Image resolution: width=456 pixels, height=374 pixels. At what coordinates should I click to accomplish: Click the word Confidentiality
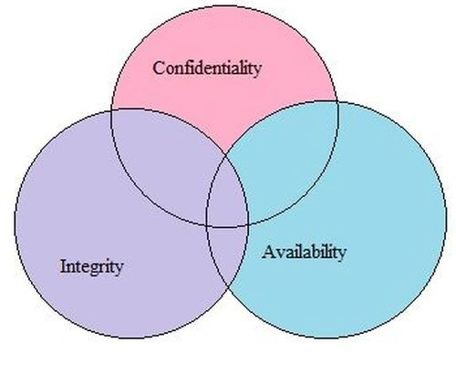(x=207, y=69)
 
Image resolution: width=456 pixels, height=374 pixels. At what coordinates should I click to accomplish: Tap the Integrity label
(x=91, y=267)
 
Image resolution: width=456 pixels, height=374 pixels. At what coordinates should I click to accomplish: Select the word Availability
(x=304, y=253)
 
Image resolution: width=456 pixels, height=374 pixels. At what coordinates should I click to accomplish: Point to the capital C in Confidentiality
(x=160, y=68)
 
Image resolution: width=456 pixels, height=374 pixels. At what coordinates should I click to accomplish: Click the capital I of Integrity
(x=64, y=266)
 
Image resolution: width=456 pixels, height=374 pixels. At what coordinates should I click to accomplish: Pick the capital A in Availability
(x=269, y=252)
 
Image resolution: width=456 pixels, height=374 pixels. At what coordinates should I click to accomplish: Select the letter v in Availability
(x=281, y=254)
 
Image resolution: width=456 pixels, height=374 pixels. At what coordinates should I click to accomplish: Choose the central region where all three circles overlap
(x=226, y=198)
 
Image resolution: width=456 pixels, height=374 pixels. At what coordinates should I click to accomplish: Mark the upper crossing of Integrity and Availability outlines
(x=226, y=155)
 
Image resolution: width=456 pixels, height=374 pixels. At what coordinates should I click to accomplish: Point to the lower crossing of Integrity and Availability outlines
(x=228, y=287)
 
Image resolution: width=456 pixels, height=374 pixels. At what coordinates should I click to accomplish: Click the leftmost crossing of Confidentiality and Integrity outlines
(x=112, y=110)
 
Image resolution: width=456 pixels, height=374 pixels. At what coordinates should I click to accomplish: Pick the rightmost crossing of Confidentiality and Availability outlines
(x=337, y=101)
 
